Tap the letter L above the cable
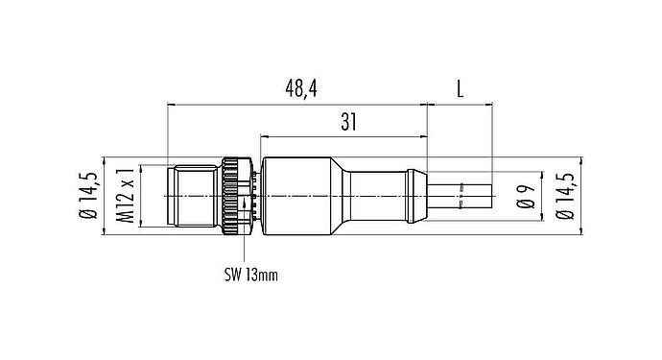460,88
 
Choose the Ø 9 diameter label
524,196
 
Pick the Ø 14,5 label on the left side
88,196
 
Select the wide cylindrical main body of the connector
297,196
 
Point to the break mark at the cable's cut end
461,204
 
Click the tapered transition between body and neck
341,196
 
